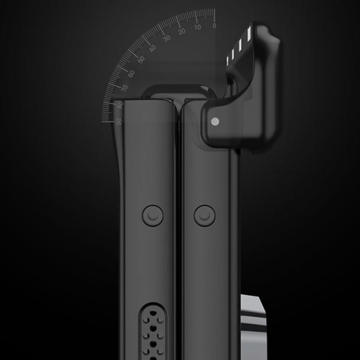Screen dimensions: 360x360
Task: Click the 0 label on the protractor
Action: (214, 25)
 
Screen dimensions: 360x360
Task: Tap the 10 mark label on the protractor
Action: (198, 27)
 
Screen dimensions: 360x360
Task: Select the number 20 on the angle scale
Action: (182, 31)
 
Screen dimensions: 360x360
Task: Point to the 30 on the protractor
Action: (167, 39)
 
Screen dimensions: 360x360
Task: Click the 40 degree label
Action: (152, 48)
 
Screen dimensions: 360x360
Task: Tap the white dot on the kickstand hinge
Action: (215, 121)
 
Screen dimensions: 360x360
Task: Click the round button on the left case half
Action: (153, 215)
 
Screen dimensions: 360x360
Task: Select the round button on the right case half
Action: (205, 215)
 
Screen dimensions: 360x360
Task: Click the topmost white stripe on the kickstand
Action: (248, 34)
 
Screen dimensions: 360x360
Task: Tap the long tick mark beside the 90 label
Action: (107, 122)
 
